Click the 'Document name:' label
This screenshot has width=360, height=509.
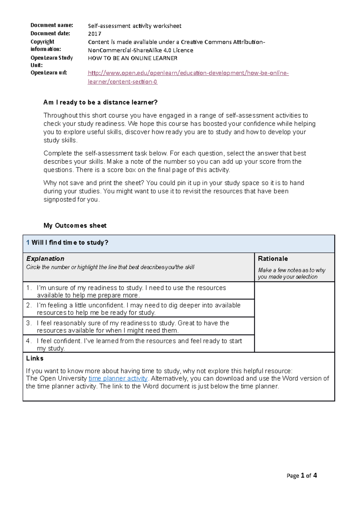(x=52, y=25)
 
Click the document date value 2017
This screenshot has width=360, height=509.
(x=94, y=34)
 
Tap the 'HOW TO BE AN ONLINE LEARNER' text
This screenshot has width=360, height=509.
(x=132, y=58)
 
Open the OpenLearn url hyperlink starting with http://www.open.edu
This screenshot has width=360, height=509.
(x=188, y=73)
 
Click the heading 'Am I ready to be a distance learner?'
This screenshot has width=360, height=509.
(x=100, y=103)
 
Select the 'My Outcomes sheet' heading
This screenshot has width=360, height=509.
(x=75, y=226)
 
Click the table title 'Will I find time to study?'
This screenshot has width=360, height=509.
(x=70, y=243)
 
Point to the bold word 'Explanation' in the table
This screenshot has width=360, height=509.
(x=45, y=259)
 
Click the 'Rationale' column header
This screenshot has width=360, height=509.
(x=273, y=259)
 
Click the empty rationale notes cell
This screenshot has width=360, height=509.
(x=294, y=317)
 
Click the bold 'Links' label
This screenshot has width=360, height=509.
(x=35, y=359)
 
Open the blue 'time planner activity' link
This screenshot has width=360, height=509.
(x=118, y=379)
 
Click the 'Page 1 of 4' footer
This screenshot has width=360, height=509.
(x=301, y=476)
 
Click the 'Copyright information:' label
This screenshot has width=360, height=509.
(x=46, y=45)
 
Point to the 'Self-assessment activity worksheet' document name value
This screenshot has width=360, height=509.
(x=134, y=26)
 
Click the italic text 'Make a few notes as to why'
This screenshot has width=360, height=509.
(x=292, y=270)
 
